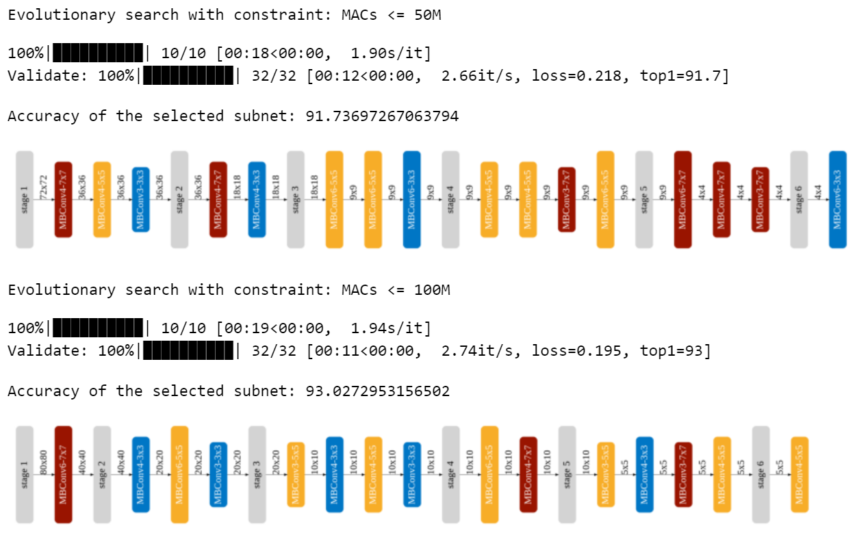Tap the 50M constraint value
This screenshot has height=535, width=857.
coord(425,15)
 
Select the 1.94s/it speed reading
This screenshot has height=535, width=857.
coord(391,328)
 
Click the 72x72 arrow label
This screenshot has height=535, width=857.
coord(44,187)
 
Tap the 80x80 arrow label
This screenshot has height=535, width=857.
coord(44,462)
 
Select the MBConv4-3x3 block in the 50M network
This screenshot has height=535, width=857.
coord(257,200)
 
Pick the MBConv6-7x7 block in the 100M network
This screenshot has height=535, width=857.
coord(64,474)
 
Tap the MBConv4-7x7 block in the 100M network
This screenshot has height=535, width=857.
coord(528,474)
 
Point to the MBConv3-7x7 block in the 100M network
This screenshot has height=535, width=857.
coord(683,474)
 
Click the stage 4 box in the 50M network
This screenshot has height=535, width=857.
coord(450,200)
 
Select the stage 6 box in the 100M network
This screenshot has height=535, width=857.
coord(760,474)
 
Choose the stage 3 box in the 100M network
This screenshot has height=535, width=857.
coord(257,474)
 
